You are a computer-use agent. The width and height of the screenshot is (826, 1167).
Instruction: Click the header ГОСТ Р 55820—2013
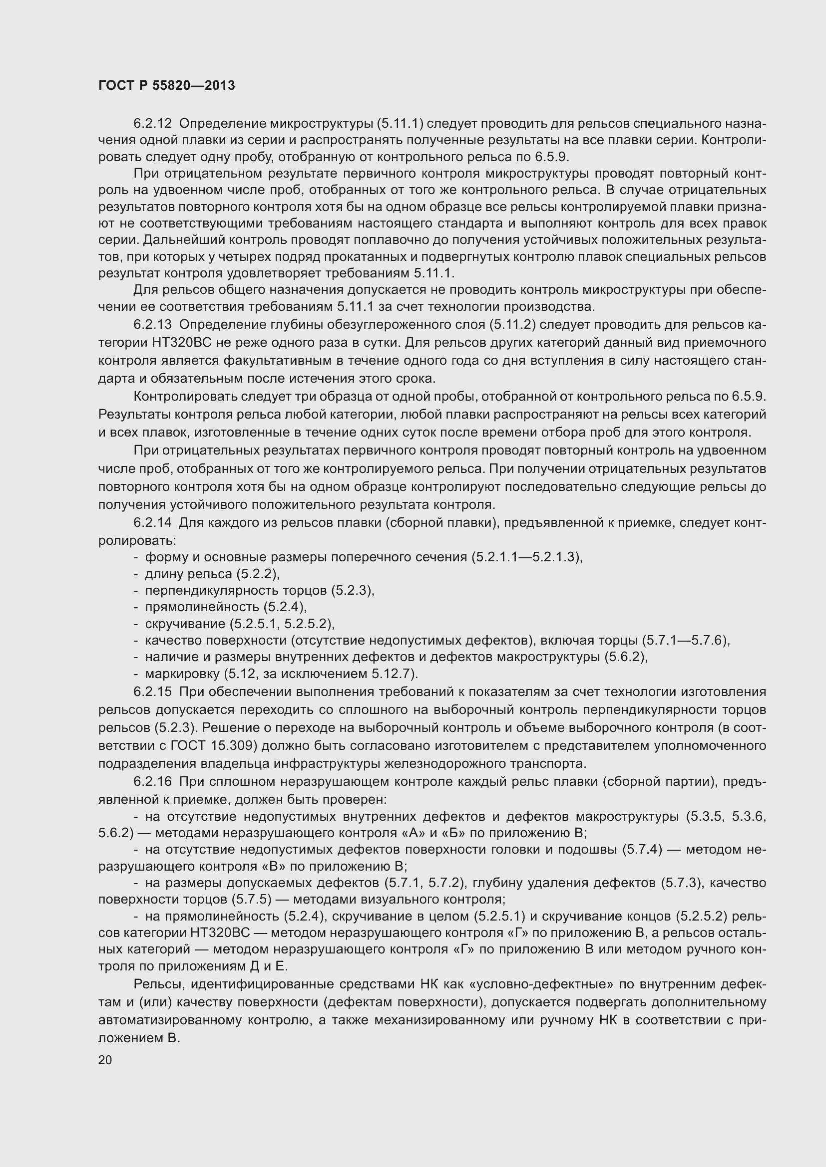pyautogui.click(x=166, y=85)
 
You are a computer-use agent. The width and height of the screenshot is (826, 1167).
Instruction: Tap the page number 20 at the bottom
pyautogui.click(x=105, y=1060)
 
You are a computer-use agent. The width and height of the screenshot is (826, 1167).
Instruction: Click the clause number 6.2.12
pyautogui.click(x=153, y=124)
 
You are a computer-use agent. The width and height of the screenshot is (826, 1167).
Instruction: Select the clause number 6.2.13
pyautogui.click(x=153, y=325)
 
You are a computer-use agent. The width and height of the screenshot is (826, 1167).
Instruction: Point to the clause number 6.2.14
pyautogui.click(x=153, y=522)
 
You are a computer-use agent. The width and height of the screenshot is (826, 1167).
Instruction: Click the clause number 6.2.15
pyautogui.click(x=153, y=692)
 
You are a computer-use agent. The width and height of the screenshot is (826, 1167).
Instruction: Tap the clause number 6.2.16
pyautogui.click(x=153, y=781)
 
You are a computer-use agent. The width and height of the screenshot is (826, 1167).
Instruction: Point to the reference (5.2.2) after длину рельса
pyautogui.click(x=257, y=574)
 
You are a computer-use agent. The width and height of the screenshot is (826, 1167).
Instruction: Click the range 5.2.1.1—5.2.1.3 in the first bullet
pyautogui.click(x=526, y=557)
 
